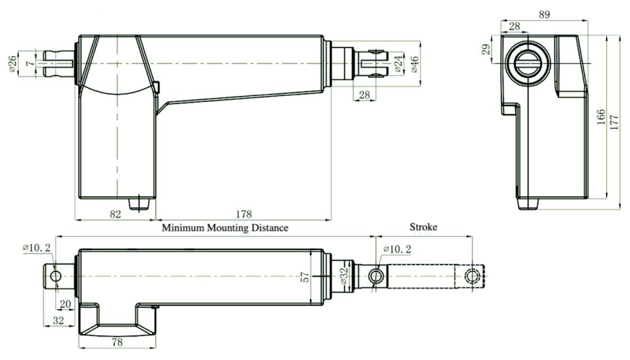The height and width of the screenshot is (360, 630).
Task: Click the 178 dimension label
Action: [x=244, y=214]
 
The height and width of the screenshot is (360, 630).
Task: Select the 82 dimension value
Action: [x=116, y=214]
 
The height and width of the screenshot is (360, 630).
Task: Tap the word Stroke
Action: [x=423, y=227]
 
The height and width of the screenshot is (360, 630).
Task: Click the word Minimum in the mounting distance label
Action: [x=183, y=228]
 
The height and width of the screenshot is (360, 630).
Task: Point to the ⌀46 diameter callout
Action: [x=414, y=64]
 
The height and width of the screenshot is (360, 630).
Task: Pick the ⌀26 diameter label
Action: [x=12, y=64]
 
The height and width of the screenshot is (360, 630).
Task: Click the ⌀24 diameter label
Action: [x=397, y=64]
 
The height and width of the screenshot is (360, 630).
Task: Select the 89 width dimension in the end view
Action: [x=544, y=15]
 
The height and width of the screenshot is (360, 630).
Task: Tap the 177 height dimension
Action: [x=614, y=122]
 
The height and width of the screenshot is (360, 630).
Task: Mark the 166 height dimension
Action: [x=601, y=117]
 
